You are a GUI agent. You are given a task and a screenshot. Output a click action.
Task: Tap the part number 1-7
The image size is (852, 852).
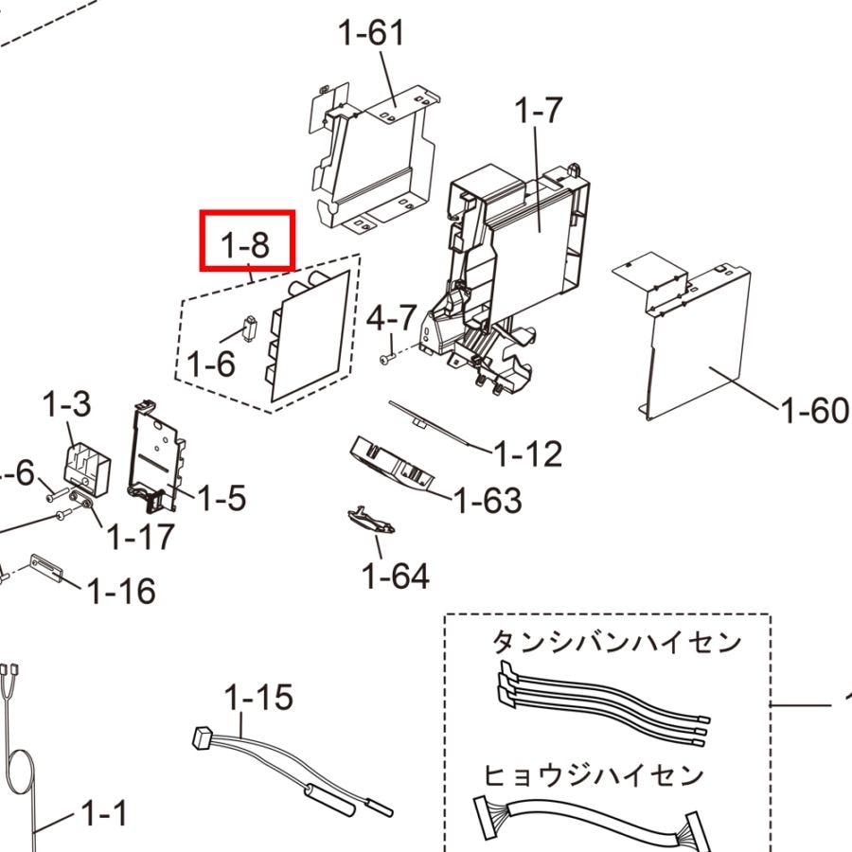tap(538, 111)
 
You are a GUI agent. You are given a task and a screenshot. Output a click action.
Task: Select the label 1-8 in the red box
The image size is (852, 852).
tap(245, 244)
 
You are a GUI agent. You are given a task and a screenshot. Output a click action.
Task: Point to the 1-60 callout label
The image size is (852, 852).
tap(814, 410)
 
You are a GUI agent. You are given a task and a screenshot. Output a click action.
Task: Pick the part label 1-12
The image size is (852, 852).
tap(528, 453)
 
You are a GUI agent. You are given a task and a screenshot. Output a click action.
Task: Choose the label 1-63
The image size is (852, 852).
tap(488, 501)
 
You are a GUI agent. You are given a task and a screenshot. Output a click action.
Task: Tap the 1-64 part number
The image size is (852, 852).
tap(396, 576)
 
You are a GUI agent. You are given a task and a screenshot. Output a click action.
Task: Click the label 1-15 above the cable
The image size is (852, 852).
tap(258, 697)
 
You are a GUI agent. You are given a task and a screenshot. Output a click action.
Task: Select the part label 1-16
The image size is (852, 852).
tap(121, 591)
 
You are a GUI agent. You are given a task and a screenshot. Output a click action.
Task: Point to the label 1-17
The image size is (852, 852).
tap(141, 537)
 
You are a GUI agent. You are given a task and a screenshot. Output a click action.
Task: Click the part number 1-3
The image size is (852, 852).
tap(66, 405)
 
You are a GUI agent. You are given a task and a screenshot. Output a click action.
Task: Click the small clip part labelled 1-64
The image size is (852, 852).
tap(371, 521)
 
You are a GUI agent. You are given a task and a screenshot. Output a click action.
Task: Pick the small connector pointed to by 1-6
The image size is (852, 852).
tap(249, 328)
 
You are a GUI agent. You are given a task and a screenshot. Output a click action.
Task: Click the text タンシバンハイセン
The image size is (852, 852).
tap(616, 642)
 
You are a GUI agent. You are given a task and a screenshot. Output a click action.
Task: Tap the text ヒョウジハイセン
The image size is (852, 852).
tap(594, 775)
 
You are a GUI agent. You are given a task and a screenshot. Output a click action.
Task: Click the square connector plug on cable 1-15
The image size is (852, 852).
tap(203, 737)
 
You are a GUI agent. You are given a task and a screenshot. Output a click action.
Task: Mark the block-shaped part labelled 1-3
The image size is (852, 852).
tap(87, 470)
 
